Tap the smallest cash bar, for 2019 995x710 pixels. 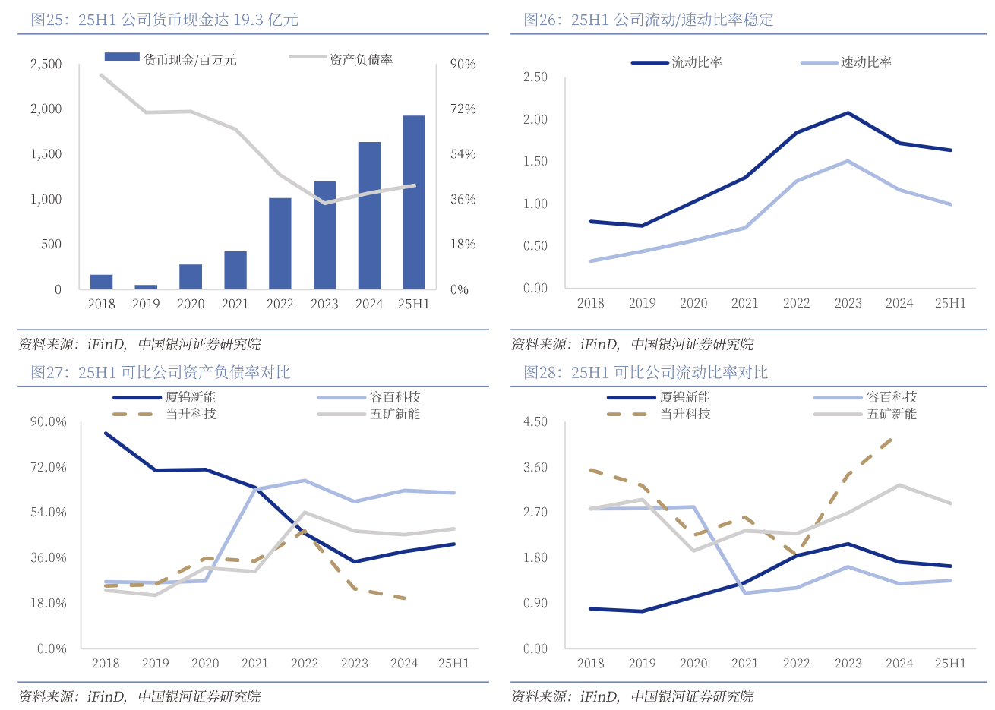point(146,286)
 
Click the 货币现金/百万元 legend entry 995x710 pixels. point(170,59)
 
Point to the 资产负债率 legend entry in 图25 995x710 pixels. point(341,59)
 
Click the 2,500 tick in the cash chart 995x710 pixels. point(46,64)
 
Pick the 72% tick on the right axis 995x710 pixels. point(463,109)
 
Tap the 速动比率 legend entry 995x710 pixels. point(846,62)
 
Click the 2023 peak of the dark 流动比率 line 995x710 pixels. point(848,113)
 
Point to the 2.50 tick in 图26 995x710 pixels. point(535,77)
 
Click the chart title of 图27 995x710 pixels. point(160,372)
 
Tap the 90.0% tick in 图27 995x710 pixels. point(49,422)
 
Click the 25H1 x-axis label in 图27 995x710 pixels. point(453,663)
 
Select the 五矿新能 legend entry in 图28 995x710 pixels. point(865,414)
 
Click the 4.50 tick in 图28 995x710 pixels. point(535,422)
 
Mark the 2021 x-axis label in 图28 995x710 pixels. point(744,663)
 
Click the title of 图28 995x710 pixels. point(646,372)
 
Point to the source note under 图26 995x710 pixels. point(632,344)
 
